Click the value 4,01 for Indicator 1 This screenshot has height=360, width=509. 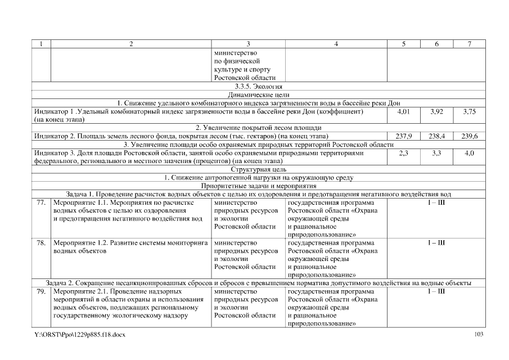pos(404,112)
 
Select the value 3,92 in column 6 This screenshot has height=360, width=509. pos(436,112)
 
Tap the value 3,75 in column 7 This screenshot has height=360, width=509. pos(470,112)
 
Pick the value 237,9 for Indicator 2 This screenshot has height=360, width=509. pos(404,136)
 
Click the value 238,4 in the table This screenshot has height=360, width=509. pos(436,136)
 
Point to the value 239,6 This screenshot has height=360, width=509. pos(470,136)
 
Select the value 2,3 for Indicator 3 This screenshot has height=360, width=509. pos(404,152)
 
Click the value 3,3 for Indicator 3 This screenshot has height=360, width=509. pos(436,152)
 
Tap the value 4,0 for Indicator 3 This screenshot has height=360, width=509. pos(470,152)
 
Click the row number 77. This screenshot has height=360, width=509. pos(41,202)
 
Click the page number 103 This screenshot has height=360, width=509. pos(479,335)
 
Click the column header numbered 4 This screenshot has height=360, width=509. pos(336,44)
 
